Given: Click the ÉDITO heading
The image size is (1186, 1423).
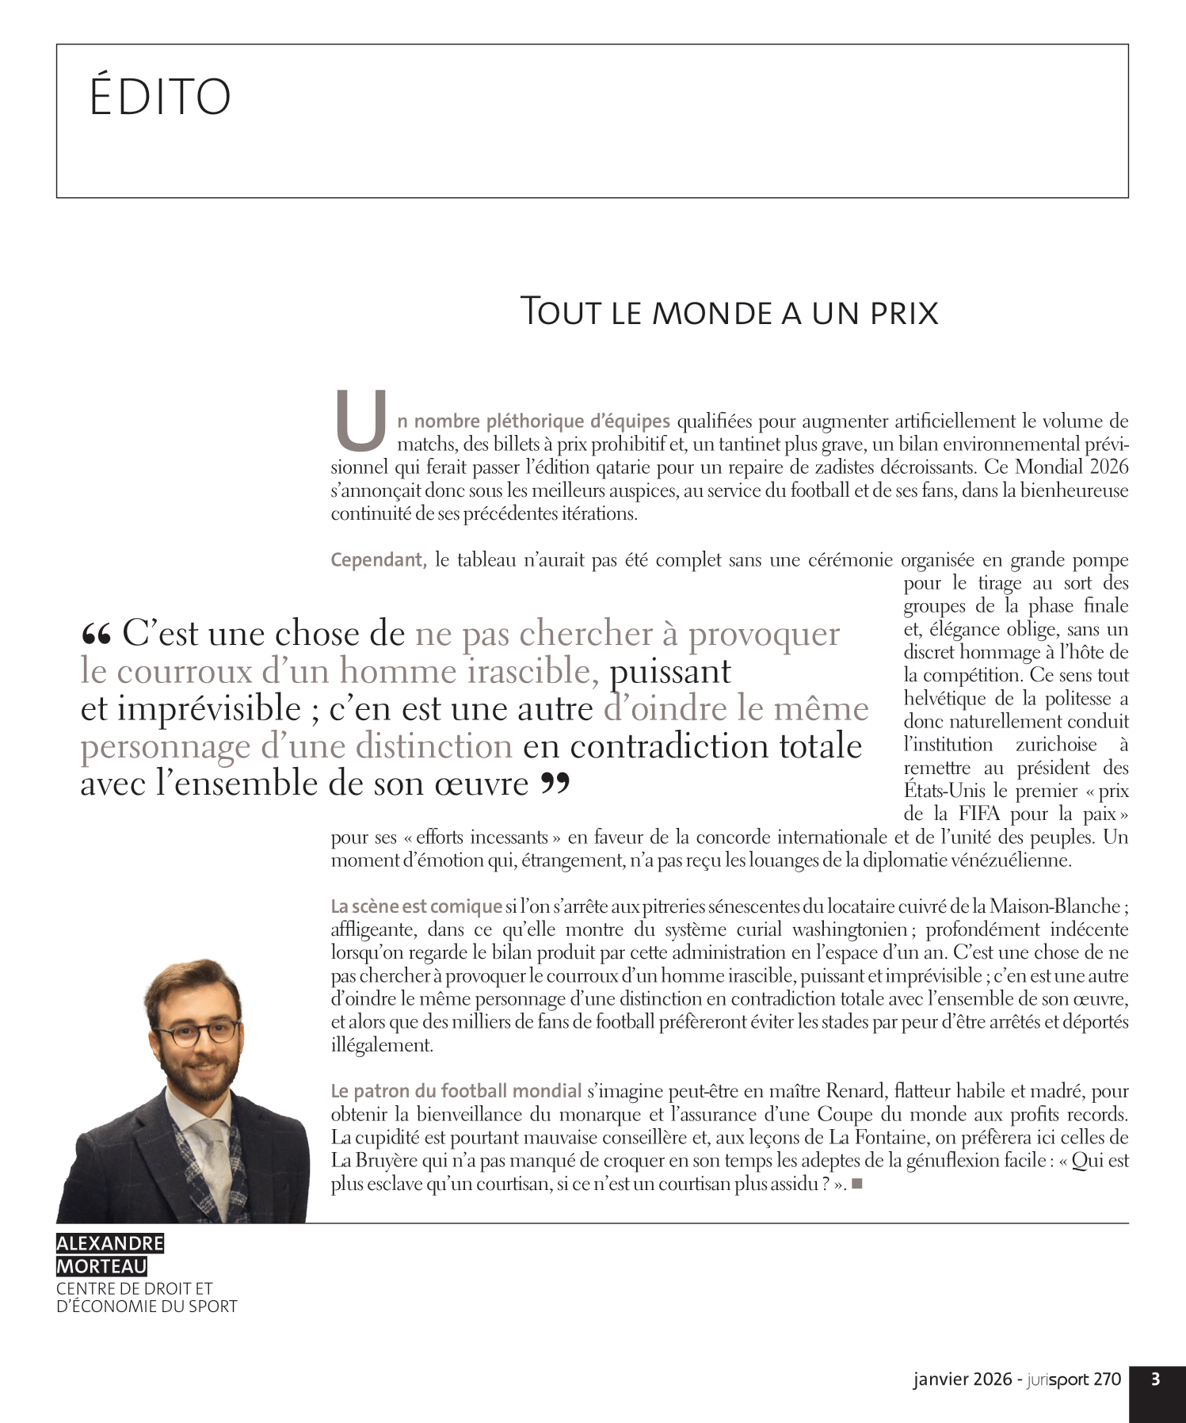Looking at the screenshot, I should tap(160, 97).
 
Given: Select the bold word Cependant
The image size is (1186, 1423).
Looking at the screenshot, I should tap(378, 560).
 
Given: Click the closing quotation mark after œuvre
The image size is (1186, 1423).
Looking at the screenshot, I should tap(555, 784).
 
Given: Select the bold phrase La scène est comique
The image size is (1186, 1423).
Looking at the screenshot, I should tap(416, 906).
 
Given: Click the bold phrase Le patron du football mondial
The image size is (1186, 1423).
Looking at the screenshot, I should tap(456, 1091).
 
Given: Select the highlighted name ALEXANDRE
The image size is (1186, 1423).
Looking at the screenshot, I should tap(110, 1243).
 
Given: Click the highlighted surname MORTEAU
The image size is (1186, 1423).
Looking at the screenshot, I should tap(101, 1266).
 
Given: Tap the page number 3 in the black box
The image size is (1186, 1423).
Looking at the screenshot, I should tap(1156, 1379).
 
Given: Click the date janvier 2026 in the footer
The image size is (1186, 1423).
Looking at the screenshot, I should tap(962, 1379).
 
